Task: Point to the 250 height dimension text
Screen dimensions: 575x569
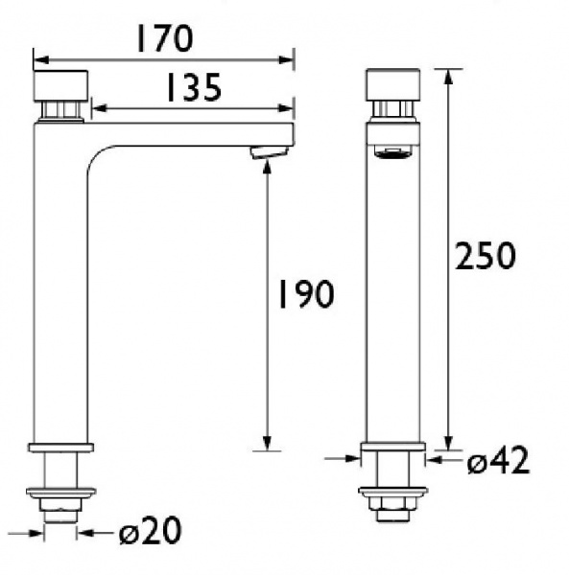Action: click(486, 256)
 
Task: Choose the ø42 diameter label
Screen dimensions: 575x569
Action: click(498, 462)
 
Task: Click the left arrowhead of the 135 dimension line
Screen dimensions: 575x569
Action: click(95, 109)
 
